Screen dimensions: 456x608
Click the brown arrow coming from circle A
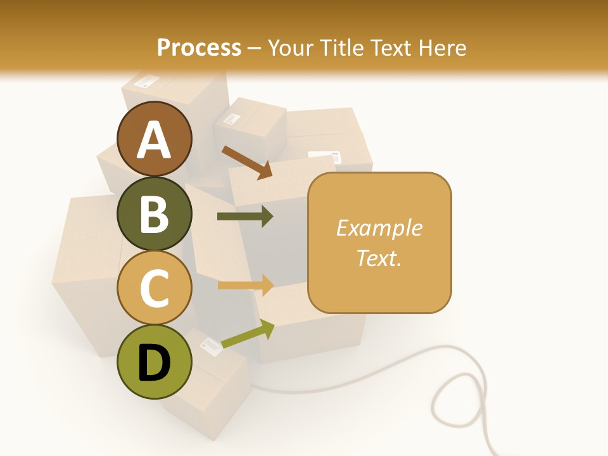pyautogui.click(x=247, y=162)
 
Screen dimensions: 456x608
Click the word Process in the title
pyautogui.click(x=199, y=47)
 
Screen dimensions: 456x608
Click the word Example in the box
pyautogui.click(x=379, y=228)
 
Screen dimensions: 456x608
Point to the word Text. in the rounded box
pyautogui.click(x=379, y=258)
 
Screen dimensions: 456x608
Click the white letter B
pyautogui.click(x=155, y=213)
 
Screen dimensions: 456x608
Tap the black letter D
pyautogui.click(x=155, y=362)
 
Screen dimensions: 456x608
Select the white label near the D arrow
pyautogui.click(x=210, y=345)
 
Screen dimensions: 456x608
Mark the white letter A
pyautogui.click(x=155, y=139)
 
